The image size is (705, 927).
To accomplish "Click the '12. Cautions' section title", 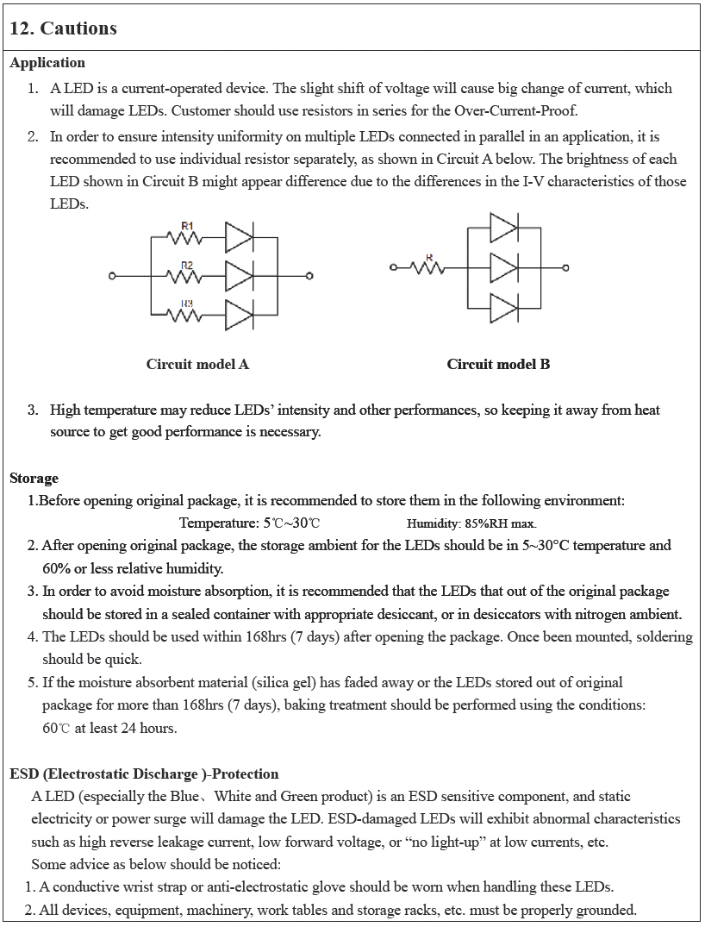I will (x=63, y=28).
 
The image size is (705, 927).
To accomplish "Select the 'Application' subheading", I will (x=47, y=63).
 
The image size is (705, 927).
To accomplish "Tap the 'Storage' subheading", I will (x=34, y=478).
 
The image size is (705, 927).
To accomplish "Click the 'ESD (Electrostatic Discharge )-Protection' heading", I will (x=144, y=774).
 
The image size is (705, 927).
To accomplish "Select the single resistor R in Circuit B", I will (x=429, y=266).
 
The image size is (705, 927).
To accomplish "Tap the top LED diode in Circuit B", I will (x=503, y=228).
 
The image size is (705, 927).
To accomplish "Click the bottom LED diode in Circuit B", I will (x=503, y=307).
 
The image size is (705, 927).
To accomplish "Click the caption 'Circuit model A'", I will (x=197, y=364).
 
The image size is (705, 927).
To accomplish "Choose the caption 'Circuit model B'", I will (x=498, y=364).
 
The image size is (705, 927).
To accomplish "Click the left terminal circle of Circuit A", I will (x=112, y=276).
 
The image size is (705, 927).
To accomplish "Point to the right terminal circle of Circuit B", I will (x=566, y=267).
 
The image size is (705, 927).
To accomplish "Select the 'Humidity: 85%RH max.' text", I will (x=471, y=523).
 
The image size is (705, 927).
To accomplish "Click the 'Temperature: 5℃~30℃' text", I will (x=250, y=523).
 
